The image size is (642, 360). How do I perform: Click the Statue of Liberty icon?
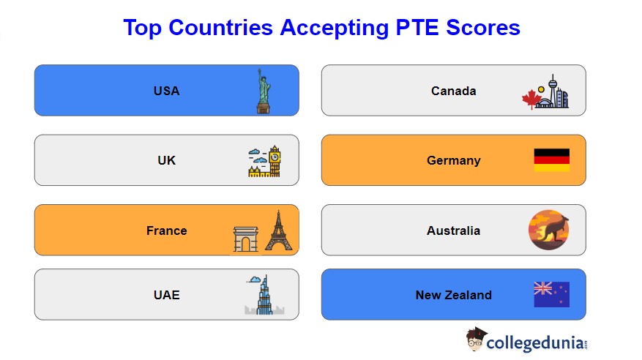point(264,91)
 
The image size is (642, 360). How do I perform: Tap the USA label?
point(166,91)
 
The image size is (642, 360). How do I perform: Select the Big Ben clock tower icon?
point(274,160)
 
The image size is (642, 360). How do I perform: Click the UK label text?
point(166,160)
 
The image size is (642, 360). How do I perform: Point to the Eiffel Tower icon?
point(277,230)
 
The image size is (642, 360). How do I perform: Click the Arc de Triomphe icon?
point(246,239)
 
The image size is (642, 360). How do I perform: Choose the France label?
point(166,230)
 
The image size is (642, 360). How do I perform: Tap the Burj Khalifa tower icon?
point(264,295)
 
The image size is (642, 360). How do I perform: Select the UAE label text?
point(166,295)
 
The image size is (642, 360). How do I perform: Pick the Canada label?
point(453,91)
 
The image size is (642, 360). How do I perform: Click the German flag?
point(551,160)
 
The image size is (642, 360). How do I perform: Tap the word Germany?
point(453,160)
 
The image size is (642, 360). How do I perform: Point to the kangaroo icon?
point(548,230)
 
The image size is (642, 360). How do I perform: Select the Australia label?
point(453,230)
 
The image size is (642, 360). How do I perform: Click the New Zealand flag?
point(551,294)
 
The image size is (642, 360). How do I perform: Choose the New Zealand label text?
point(453,295)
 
